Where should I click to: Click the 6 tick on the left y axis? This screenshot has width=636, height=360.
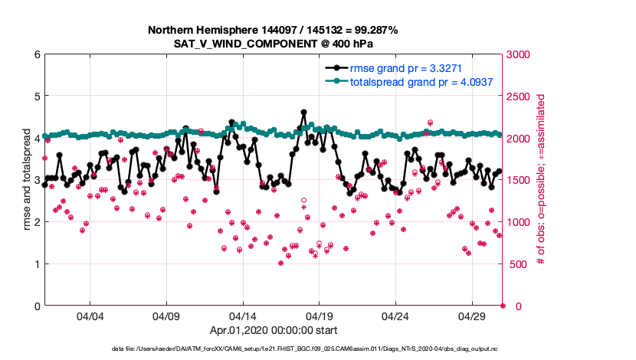tap(36, 54)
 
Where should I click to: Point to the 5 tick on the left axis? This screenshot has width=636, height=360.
tap(36, 97)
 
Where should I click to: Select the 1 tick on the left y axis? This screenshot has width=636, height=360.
tap(36, 264)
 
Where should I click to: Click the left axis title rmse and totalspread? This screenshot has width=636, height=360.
tap(25, 180)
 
